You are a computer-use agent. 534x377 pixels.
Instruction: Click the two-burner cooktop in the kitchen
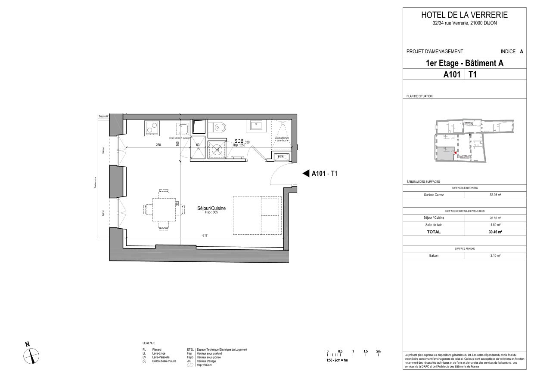(151, 127)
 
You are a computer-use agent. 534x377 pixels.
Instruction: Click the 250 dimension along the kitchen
(158, 145)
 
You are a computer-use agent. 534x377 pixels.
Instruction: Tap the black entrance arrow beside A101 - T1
(305, 174)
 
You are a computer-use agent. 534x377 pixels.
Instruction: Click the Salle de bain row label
(433, 225)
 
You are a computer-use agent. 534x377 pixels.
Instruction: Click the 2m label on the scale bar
(378, 351)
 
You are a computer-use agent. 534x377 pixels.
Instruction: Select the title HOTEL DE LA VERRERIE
(464, 15)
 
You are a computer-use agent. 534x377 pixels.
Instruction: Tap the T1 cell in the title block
(472, 74)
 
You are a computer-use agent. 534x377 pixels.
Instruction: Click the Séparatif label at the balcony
(103, 116)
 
